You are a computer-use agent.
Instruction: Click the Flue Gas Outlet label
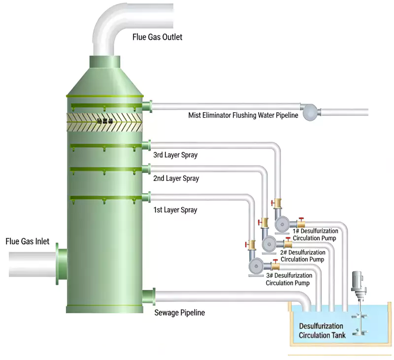tap(157, 37)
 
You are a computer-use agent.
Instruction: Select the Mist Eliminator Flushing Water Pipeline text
tap(243, 116)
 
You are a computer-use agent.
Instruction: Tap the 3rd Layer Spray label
tap(175, 155)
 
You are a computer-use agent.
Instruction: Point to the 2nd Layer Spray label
tap(176, 178)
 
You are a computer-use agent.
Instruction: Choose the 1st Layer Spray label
tap(175, 210)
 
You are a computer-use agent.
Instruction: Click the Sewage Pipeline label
tap(179, 313)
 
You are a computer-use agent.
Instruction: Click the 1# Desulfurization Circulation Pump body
tap(282, 225)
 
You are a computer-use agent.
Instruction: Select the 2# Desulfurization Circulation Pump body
tap(269, 243)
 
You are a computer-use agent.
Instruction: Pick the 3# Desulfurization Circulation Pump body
tap(256, 266)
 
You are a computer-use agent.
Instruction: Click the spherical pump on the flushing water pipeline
tap(311, 112)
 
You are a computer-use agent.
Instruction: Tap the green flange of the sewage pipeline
tap(149, 296)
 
